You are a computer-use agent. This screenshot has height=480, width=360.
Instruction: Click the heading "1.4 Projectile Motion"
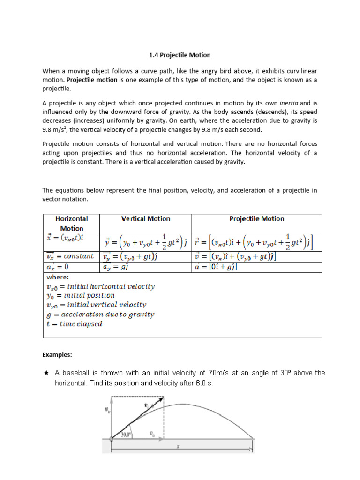point(180,55)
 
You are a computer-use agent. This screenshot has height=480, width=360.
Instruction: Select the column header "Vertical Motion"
point(146,219)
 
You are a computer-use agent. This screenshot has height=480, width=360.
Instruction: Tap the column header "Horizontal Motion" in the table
point(72,224)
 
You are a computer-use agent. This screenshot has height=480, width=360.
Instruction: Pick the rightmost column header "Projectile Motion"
point(256,219)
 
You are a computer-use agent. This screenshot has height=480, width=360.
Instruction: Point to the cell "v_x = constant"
point(70,256)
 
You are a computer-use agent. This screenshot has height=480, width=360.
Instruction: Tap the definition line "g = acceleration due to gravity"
point(100,315)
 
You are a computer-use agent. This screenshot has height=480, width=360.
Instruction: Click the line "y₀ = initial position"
point(80,295)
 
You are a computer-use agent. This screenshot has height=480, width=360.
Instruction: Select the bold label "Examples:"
point(57,355)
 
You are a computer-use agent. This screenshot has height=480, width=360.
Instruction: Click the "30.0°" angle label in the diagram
point(127,435)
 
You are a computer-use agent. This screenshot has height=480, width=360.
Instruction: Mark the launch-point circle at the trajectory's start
point(112,439)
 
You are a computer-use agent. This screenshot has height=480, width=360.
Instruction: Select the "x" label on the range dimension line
point(178,446)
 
